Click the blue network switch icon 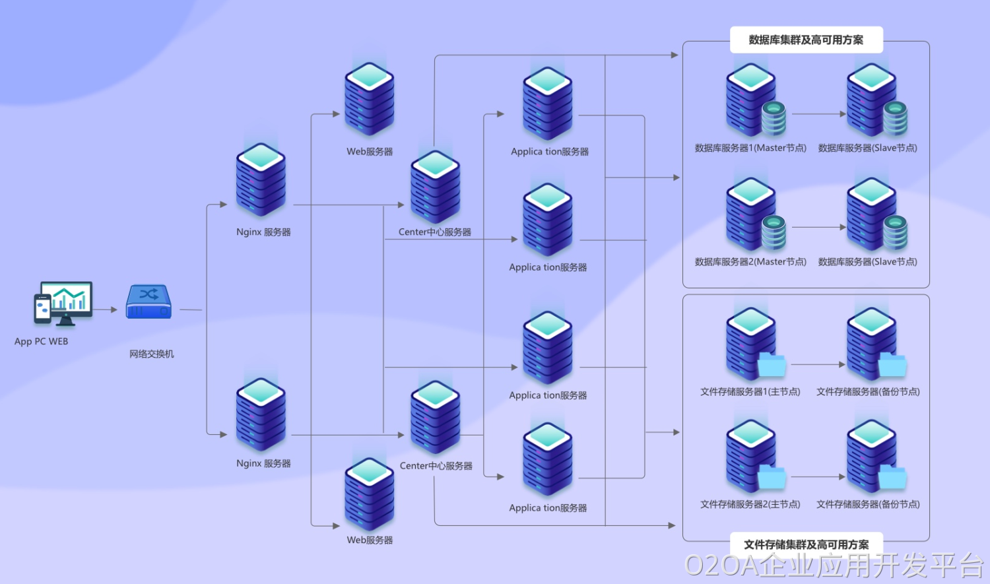coord(149,302)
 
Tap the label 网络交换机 coord(152,354)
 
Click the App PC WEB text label coord(42,342)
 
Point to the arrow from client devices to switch coord(106,309)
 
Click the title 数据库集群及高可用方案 coord(806,40)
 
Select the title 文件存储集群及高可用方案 coord(806,544)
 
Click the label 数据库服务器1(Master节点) coord(750,148)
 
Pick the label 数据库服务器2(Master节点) coord(750,262)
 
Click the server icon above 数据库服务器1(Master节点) coord(750,99)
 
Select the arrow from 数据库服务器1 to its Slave coord(818,114)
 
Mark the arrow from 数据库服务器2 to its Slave coord(818,228)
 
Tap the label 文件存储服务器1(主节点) coord(750,392)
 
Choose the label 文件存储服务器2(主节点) coord(750,505)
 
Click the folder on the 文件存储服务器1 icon coord(772,365)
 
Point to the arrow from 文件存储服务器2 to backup coord(818,476)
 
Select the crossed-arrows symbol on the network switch coord(149,294)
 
